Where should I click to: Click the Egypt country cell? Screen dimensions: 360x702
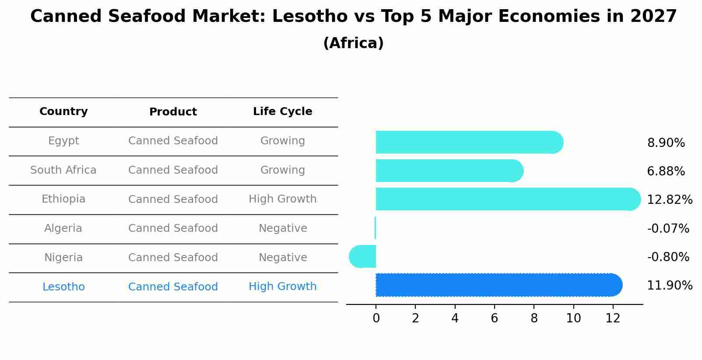coord(63,141)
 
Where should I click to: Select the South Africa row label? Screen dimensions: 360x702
coord(63,170)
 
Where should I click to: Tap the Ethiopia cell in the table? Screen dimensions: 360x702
coord(63,199)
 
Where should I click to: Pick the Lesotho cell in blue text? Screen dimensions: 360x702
coord(63,287)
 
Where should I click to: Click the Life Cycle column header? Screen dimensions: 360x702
coord(282,112)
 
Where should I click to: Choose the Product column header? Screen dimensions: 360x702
coord(173,112)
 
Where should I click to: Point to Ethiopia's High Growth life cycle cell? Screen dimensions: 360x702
coord(282,199)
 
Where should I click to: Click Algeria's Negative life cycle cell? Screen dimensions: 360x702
coord(282,228)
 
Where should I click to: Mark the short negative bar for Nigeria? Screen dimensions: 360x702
coord(363,256)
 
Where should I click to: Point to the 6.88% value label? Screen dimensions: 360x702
coord(666,171)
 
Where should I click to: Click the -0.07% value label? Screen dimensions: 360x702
coord(668,228)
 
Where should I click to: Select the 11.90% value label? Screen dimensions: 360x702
coord(670,286)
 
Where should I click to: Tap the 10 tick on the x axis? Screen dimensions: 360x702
coord(573,318)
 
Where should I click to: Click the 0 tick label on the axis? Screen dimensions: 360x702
coord(376,318)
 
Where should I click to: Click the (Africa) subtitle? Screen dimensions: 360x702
coord(353,43)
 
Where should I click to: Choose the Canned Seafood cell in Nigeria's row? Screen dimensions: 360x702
coord(173,258)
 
